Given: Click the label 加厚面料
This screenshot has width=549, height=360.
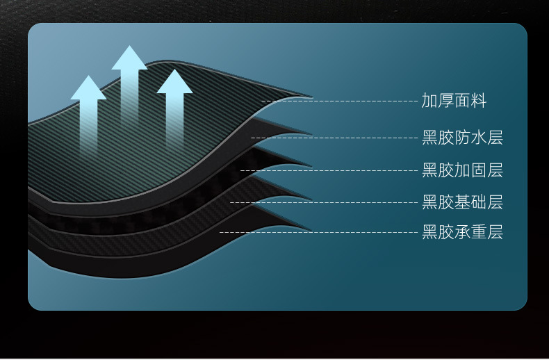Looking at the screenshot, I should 454,101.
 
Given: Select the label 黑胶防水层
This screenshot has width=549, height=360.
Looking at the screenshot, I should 462,138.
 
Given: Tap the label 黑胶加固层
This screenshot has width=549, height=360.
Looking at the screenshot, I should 462,170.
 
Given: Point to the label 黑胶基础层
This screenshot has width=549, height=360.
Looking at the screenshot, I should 462,203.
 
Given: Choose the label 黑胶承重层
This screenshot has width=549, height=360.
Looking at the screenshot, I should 462,232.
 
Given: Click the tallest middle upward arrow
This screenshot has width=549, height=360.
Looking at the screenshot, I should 129,83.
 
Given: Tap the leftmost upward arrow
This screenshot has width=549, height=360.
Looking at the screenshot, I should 88,111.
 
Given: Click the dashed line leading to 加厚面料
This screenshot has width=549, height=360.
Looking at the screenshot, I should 341,101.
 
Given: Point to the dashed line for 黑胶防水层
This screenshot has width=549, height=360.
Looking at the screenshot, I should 334,138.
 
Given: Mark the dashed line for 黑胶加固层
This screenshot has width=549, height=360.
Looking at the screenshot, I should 330,170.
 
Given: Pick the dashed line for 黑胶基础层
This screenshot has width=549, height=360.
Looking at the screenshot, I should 323,203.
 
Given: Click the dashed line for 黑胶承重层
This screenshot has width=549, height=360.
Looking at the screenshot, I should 320,232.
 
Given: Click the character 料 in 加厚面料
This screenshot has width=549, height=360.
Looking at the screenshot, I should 478,101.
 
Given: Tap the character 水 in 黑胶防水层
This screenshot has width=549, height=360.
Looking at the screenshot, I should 478,138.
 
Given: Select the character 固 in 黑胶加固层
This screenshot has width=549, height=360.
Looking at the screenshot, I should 478,170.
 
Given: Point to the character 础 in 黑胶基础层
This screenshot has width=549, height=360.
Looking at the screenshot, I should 478,203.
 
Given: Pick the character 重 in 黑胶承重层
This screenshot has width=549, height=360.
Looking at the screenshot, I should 478,232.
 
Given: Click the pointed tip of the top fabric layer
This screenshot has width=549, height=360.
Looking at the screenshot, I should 311,96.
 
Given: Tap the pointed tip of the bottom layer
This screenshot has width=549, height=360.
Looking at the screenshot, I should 309,229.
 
